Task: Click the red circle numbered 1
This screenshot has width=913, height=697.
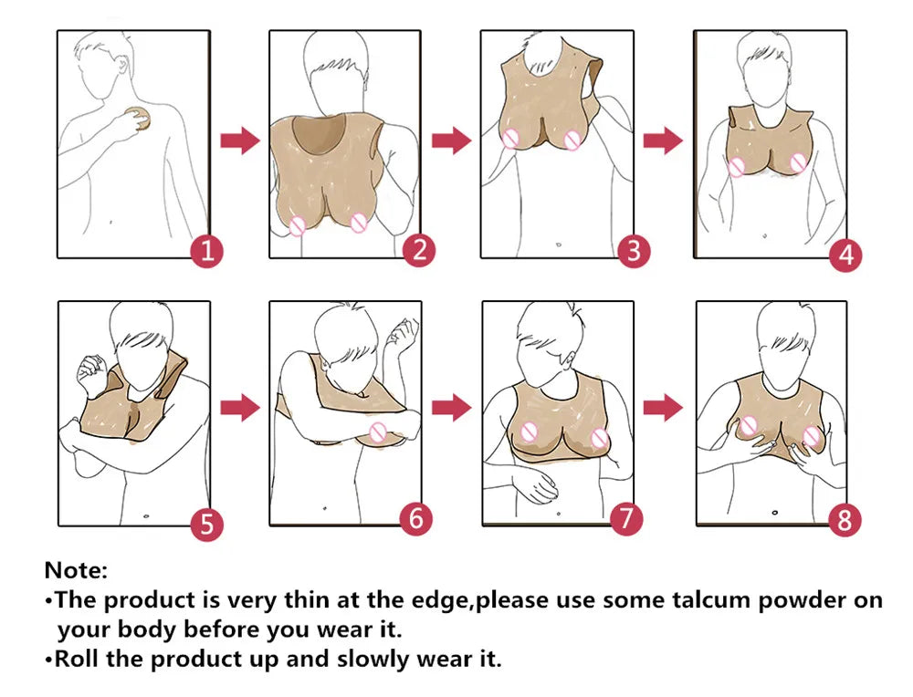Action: point(206,251)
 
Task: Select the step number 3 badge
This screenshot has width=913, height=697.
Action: point(634,251)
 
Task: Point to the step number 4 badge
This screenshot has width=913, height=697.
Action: point(845,255)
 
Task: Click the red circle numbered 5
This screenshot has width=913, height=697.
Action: point(206,524)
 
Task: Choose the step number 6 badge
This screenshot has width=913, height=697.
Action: point(416,518)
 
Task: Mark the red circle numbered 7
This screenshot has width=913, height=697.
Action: point(625,518)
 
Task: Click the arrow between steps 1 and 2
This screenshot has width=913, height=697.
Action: point(240,141)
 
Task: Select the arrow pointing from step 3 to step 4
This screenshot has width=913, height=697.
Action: point(663,140)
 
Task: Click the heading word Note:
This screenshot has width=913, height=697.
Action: point(76,571)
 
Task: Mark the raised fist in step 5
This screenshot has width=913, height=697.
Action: point(90,372)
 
